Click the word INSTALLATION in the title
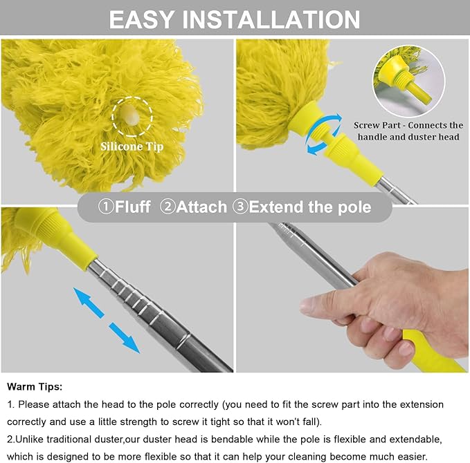(280, 19)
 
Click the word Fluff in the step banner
(133, 207)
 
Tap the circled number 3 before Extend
(239, 207)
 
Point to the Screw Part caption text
(408, 131)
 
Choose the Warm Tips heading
(35, 386)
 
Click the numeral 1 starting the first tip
(10, 404)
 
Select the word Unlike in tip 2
(33, 440)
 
